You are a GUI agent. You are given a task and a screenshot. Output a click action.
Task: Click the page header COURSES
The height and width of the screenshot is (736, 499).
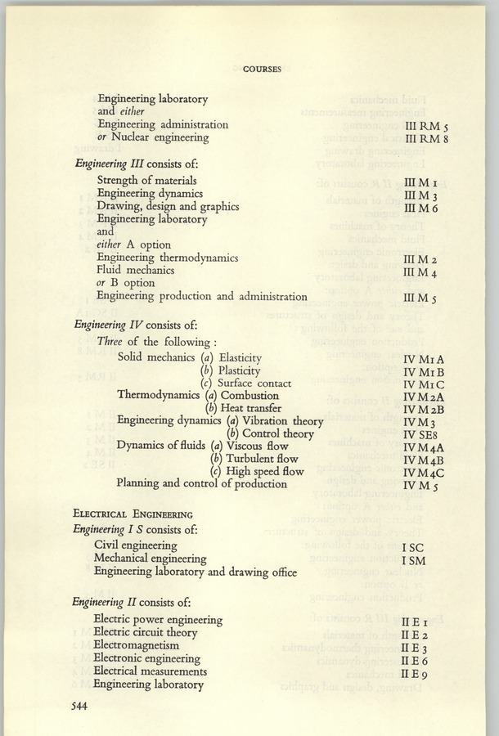[261, 70]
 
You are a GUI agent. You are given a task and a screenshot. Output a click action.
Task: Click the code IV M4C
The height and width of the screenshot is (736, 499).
[423, 472]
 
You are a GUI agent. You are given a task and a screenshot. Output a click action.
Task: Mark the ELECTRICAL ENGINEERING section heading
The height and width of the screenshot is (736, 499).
[133, 514]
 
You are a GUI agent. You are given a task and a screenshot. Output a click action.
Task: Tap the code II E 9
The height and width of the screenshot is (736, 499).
[416, 672]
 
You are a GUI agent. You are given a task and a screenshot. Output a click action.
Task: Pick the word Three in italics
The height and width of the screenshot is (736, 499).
[110, 340]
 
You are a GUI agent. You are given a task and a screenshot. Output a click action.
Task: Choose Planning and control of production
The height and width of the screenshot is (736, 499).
[201, 483]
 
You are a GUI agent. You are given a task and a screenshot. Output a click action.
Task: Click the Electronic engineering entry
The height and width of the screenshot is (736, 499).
[159, 657]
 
